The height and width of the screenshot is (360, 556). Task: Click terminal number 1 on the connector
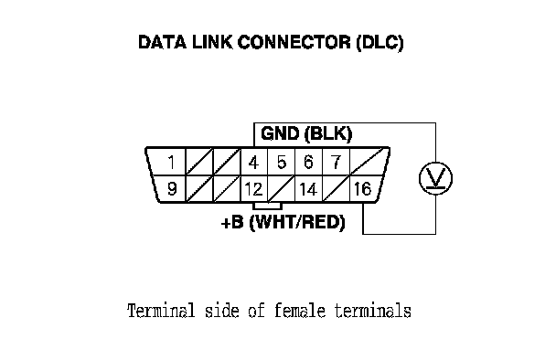[172, 163]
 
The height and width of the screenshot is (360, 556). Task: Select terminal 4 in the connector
[253, 163]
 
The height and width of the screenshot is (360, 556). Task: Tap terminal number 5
[282, 163]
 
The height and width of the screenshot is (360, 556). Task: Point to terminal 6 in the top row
[308, 163]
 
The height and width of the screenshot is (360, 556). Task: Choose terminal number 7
[336, 163]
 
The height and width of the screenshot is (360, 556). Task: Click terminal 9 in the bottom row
[172, 188]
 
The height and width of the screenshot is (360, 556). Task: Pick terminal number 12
[253, 189]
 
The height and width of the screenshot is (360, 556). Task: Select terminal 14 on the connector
[308, 189]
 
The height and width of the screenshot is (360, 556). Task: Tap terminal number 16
[363, 189]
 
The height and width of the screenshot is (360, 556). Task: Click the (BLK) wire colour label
[328, 134]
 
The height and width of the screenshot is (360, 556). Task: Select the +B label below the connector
[232, 223]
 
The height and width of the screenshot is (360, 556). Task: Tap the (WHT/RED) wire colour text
[297, 223]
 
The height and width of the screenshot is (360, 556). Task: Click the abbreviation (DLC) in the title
[380, 43]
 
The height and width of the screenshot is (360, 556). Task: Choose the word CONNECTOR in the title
[294, 42]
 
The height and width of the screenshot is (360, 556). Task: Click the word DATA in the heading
[162, 42]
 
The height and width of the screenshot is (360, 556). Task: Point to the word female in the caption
[300, 311]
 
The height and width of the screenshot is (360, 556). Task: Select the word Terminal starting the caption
[161, 311]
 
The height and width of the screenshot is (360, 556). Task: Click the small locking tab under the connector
[267, 206]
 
